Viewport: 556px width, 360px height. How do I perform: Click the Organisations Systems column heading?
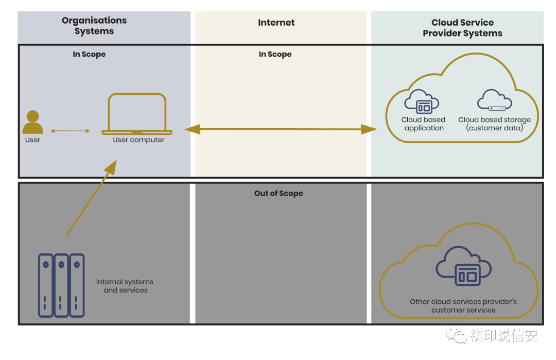coord(94,26)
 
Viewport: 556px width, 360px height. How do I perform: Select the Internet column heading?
coord(276,23)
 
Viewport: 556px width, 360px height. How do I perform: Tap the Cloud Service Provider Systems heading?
coord(462,28)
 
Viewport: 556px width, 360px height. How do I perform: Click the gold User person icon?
coord(32,123)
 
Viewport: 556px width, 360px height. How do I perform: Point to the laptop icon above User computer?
coord(137,114)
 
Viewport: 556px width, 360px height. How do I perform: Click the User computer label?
coord(139,140)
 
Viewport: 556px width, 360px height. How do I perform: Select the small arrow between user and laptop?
coord(70,131)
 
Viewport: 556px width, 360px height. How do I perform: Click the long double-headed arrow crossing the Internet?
coord(281,129)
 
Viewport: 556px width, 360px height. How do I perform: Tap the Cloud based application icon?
coord(422,101)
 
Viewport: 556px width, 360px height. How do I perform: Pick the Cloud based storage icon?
coord(494,100)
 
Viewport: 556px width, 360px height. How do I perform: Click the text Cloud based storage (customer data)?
coord(494,124)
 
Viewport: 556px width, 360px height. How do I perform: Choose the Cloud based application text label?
coord(424,124)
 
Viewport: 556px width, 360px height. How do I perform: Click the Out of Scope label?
coord(279,194)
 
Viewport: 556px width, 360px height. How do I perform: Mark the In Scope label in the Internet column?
coord(275,55)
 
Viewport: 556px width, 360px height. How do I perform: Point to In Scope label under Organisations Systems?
coord(89,55)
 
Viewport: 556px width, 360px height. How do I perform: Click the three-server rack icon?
coord(61,284)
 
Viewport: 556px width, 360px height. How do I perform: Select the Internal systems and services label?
coord(125,286)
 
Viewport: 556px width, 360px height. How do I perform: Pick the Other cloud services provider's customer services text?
coord(463,305)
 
